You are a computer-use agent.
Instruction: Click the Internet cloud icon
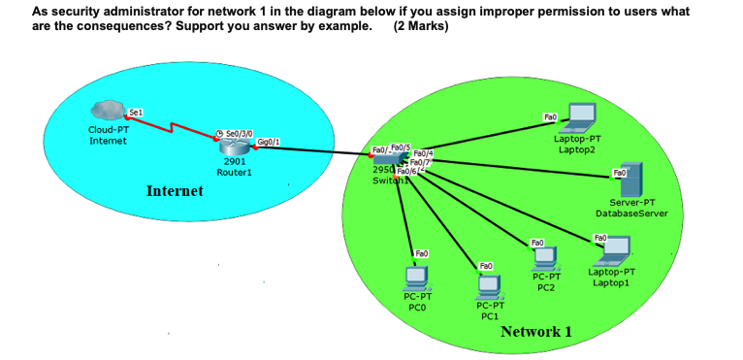(x=107, y=113)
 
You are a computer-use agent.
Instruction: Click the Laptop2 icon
(x=582, y=116)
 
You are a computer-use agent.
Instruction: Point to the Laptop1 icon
(x=611, y=250)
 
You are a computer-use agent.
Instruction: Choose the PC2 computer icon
(x=545, y=257)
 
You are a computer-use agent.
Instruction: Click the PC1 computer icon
(x=489, y=286)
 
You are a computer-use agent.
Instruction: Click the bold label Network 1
(x=535, y=332)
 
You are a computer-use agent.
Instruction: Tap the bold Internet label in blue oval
(x=175, y=191)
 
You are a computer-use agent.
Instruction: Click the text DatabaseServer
(x=631, y=213)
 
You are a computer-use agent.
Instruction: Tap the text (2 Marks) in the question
(x=421, y=25)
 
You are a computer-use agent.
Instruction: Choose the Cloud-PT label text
(x=106, y=130)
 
